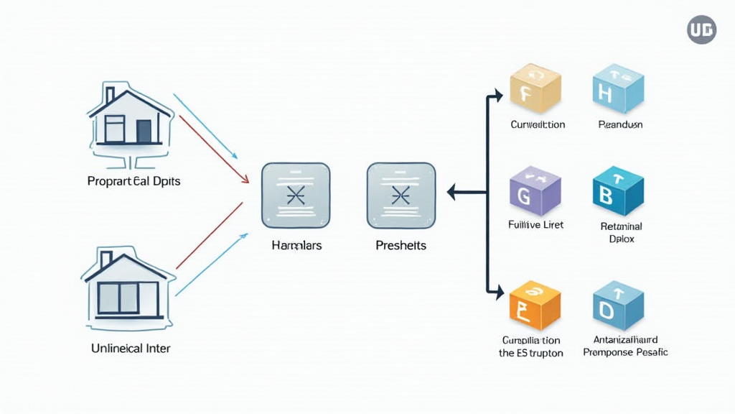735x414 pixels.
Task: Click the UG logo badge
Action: tap(701, 29)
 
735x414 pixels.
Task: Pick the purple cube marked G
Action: tap(534, 191)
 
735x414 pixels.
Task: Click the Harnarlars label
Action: tap(296, 246)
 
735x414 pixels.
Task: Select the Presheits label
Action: tap(401, 246)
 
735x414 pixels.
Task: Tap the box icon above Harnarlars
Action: tap(296, 194)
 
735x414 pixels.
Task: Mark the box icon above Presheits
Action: tap(401, 194)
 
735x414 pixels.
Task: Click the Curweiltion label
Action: tap(538, 125)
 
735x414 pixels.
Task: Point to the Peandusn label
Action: tap(620, 125)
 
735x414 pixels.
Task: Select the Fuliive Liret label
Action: tap(535, 225)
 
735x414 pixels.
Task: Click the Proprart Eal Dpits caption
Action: tap(134, 181)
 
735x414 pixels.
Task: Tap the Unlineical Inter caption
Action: tap(131, 349)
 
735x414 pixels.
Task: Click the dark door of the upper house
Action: tap(144, 131)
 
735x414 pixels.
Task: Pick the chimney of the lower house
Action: tap(106, 259)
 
